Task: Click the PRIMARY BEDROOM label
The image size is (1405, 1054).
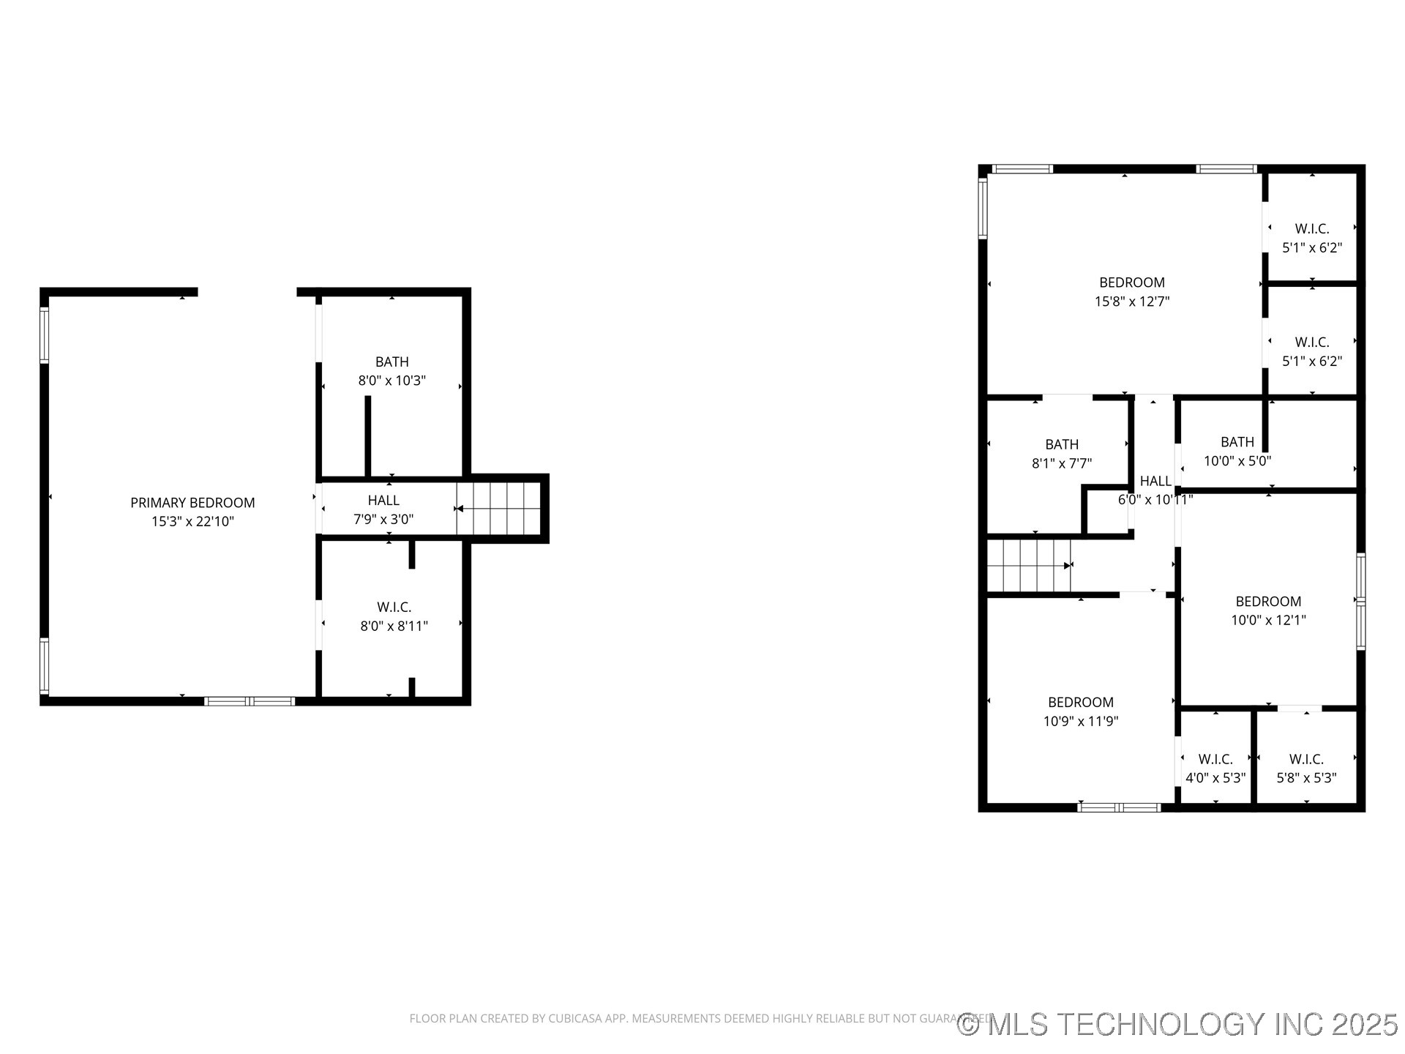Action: (x=192, y=503)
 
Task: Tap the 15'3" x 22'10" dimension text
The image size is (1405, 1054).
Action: (x=192, y=522)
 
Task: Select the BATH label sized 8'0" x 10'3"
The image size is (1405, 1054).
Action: (x=392, y=362)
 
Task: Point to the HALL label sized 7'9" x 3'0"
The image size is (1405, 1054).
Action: (x=383, y=501)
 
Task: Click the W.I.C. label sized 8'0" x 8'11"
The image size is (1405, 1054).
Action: (x=394, y=607)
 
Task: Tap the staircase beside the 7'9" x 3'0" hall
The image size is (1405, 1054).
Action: (x=499, y=509)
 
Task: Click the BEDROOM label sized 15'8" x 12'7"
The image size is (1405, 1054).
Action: (x=1132, y=283)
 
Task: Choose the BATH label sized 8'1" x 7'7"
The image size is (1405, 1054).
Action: (x=1062, y=444)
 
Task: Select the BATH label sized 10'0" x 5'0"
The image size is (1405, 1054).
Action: (x=1237, y=442)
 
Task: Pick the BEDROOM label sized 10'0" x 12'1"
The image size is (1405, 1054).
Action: (x=1268, y=602)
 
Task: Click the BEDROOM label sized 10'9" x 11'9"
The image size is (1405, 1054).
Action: (x=1081, y=703)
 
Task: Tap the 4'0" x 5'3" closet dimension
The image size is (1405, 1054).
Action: (x=1215, y=778)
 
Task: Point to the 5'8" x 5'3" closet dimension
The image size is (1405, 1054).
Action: (x=1306, y=778)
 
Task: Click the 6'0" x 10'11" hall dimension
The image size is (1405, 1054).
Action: (x=1155, y=500)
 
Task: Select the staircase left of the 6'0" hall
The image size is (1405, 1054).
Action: (x=1029, y=566)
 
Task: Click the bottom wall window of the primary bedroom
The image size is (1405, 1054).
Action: (x=250, y=701)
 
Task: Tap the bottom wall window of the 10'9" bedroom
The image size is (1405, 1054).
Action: (x=1120, y=808)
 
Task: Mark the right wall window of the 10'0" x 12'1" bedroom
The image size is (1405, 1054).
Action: (x=1360, y=602)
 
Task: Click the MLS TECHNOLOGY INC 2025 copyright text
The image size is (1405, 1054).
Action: (x=1177, y=1025)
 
